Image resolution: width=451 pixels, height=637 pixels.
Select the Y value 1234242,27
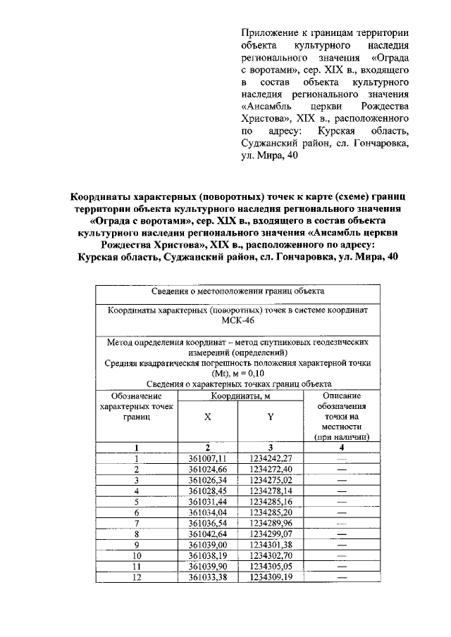point(271,458)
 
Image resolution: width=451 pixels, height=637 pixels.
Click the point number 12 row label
point(136,577)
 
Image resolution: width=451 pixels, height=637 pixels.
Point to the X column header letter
point(207,417)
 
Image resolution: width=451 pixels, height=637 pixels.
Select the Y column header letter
point(271,417)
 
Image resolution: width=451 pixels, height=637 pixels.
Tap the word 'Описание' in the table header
point(341,396)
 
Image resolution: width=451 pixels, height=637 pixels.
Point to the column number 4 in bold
point(341,447)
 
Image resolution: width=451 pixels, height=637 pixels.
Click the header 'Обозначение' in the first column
point(136,396)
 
